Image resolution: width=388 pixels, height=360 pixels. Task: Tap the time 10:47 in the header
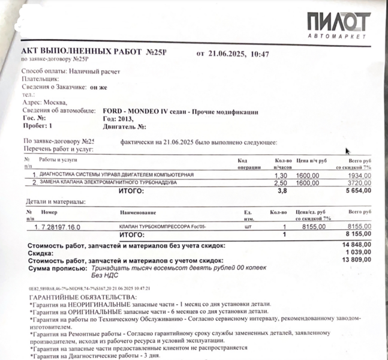tap(260, 54)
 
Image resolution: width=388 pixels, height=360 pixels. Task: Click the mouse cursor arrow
tap(348, 152)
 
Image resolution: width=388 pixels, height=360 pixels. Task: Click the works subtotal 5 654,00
tap(356, 191)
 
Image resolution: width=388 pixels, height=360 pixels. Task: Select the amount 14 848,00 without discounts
tap(356, 245)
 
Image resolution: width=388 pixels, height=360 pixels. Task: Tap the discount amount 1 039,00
tap(358, 252)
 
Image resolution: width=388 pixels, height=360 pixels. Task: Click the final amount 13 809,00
tap(356, 259)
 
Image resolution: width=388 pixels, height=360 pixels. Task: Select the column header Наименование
tap(139, 213)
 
